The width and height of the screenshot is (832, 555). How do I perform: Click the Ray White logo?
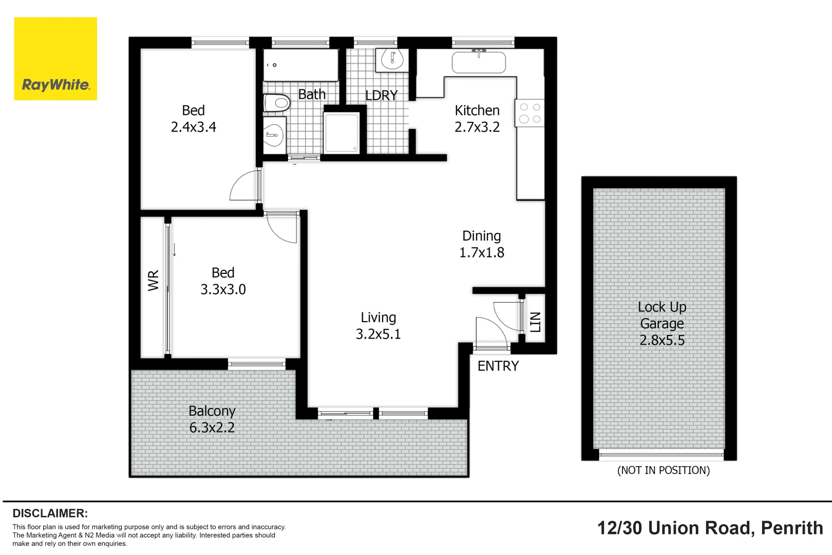tap(55, 59)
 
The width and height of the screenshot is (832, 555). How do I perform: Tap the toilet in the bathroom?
tap(277, 103)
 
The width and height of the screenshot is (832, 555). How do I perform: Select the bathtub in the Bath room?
tap(300, 65)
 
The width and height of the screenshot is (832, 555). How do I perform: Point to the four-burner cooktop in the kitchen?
tap(530, 113)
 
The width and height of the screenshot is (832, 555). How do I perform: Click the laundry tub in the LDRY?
tap(392, 60)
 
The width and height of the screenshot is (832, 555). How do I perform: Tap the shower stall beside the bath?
tap(342, 133)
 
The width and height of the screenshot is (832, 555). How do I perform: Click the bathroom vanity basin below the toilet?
tap(274, 135)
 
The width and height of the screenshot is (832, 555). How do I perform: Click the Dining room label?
tap(482, 236)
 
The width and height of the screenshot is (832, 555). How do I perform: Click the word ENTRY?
tap(498, 366)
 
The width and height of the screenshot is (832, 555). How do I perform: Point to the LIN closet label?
tap(535, 322)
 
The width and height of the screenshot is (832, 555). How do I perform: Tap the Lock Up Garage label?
tap(662, 316)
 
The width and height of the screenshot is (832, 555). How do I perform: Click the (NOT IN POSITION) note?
tap(663, 470)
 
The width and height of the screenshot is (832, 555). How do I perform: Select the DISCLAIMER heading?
tap(50, 513)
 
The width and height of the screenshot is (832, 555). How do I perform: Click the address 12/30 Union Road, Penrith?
tap(710, 528)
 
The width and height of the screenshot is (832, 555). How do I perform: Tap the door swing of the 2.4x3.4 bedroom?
tap(245, 186)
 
